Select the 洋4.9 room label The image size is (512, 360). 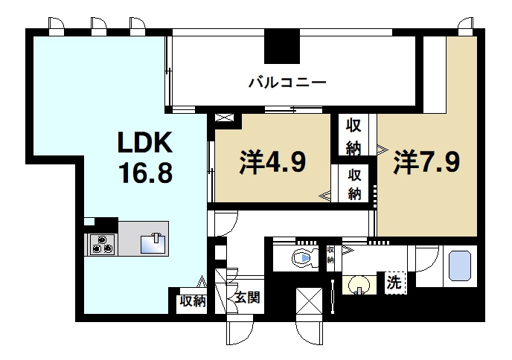pos(273,161)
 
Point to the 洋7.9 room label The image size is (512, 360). pos(426,161)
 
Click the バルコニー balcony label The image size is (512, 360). pos(287,83)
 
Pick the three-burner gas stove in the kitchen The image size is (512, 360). pos(102,245)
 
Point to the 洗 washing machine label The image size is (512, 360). pos(394,283)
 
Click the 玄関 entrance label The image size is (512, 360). pos(246,299)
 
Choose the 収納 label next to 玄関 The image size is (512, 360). pos(192,301)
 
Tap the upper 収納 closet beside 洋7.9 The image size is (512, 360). pos(354,135)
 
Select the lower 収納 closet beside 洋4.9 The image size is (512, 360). pos(354,184)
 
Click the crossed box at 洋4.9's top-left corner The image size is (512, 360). pos(225,118)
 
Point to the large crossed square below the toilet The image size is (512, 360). pos(310,301)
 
